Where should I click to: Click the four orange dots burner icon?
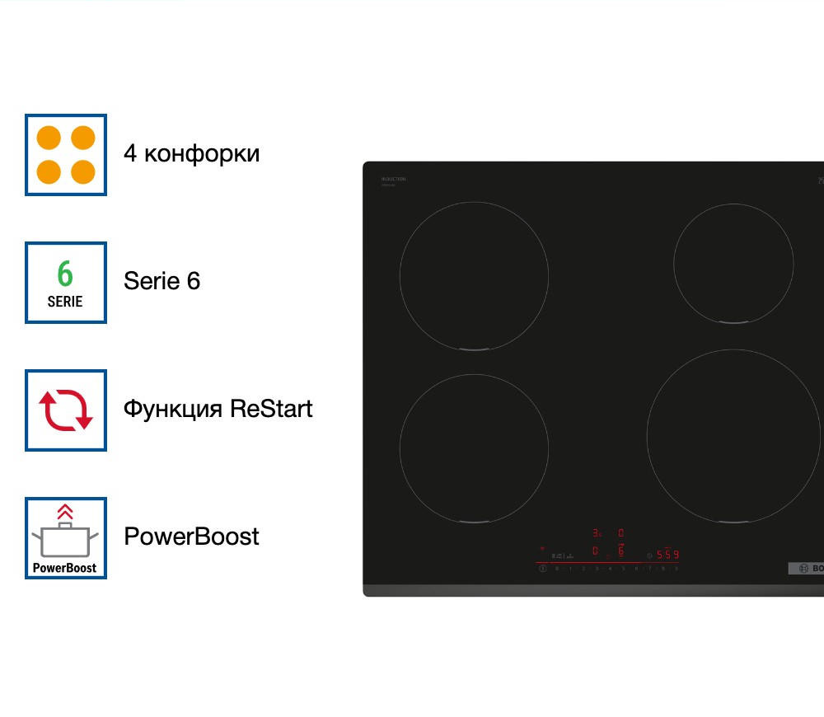pyautogui.click(x=66, y=155)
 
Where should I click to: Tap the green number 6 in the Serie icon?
pyautogui.click(x=65, y=274)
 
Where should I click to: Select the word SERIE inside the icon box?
pyautogui.click(x=65, y=302)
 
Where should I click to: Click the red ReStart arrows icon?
pyautogui.click(x=66, y=410)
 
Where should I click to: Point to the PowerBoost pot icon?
pyautogui.click(x=65, y=541)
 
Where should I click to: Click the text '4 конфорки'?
pyautogui.click(x=191, y=153)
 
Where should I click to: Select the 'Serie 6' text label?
pyautogui.click(x=162, y=281)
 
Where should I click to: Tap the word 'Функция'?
pyautogui.click(x=172, y=409)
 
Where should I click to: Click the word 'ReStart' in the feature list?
pyautogui.click(x=271, y=409)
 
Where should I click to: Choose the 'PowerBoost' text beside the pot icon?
pyautogui.click(x=191, y=537)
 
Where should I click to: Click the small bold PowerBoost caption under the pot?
pyautogui.click(x=65, y=568)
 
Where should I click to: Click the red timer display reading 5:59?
pyautogui.click(x=667, y=555)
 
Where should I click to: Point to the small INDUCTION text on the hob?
pyautogui.click(x=394, y=179)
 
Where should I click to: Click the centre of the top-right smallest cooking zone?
pyautogui.click(x=733, y=264)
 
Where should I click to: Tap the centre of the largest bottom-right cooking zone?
pyautogui.click(x=733, y=436)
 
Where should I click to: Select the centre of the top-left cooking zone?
pyautogui.click(x=474, y=276)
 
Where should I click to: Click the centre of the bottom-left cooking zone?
pyautogui.click(x=474, y=448)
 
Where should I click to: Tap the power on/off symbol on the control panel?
pyautogui.click(x=542, y=568)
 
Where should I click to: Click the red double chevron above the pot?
pyautogui.click(x=65, y=512)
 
